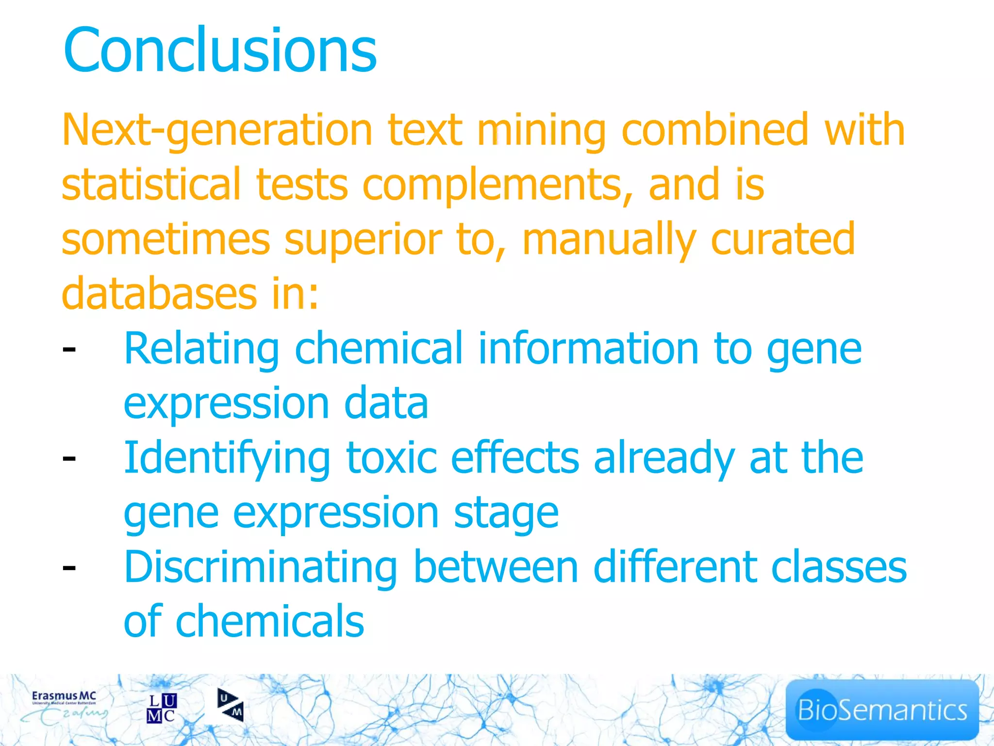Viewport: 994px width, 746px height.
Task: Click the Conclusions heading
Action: click(219, 51)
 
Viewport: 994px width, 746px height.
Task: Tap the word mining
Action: click(541, 130)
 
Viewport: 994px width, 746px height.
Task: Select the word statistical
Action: click(151, 185)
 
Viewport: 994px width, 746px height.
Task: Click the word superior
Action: click(363, 239)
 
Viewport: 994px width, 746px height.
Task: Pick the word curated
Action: click(782, 239)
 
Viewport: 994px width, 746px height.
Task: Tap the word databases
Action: click(159, 293)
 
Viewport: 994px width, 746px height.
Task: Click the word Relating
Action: click(201, 349)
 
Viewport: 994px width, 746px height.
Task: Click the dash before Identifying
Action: click(69, 458)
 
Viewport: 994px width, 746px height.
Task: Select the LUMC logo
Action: click(161, 708)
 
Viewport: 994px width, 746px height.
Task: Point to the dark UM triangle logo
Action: click(230, 705)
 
